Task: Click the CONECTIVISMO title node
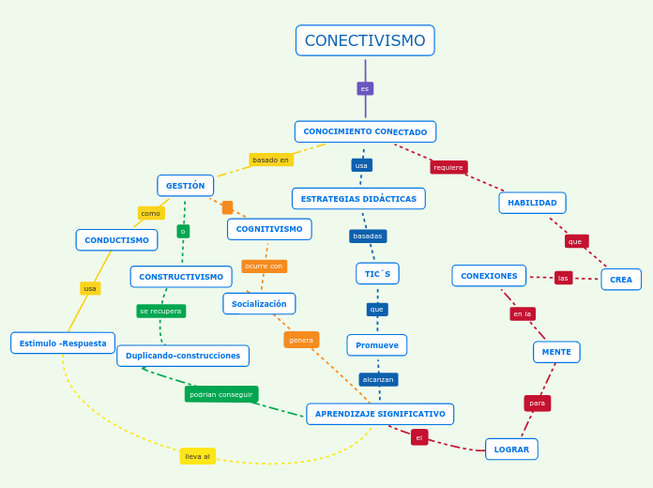coord(365,40)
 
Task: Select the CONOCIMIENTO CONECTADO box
coord(365,131)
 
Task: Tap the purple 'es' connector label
coord(365,88)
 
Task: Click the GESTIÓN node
coord(185,186)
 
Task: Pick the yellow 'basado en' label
coord(270,160)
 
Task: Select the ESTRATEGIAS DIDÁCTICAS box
coord(358,199)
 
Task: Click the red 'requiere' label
coord(448,167)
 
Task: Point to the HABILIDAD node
coord(532,203)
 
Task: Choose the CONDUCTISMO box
coord(116,240)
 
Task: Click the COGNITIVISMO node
coord(269,229)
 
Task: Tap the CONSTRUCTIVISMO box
coord(181,277)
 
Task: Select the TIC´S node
coord(377,273)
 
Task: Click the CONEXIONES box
coord(489,276)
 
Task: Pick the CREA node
coord(621,280)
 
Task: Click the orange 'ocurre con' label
coord(264,266)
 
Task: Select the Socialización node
coord(259,304)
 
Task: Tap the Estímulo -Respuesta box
coord(63,343)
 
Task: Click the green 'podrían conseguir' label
coord(221,394)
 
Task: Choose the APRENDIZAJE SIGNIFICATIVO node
coord(380,414)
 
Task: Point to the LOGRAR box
coord(511,450)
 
